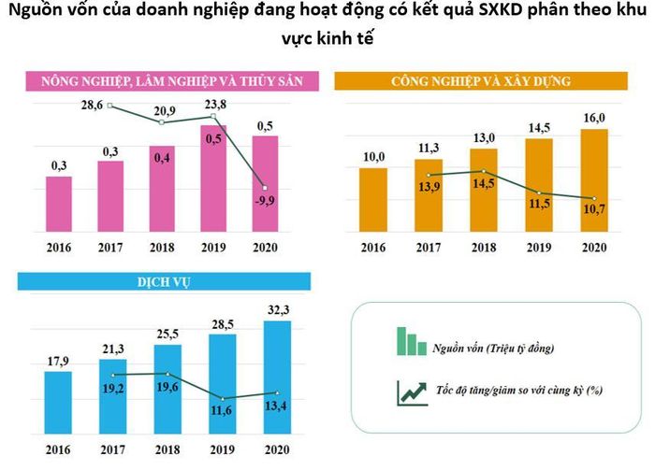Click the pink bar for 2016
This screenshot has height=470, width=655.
click(58, 204)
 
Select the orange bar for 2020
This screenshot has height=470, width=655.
click(594, 180)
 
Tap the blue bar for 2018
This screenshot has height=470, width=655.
click(167, 389)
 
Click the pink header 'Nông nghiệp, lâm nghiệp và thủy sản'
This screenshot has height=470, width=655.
click(172, 81)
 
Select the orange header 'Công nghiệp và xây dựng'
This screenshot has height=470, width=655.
click(481, 81)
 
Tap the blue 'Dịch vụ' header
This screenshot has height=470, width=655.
click(164, 282)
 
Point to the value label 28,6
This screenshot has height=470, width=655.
click(92, 105)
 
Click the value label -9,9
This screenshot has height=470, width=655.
click(265, 201)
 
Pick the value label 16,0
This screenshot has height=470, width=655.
click(594, 118)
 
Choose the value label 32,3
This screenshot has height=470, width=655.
click(278, 310)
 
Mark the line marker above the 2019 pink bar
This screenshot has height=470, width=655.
click(213, 116)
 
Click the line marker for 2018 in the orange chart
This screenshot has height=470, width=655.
click(484, 171)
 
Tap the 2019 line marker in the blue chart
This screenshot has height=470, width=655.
click(223, 399)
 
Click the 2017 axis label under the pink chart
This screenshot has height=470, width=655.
click(110, 248)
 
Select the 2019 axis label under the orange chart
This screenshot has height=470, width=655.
click(539, 248)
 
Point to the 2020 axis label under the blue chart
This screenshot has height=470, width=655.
click(277, 450)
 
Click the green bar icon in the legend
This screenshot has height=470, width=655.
click(412, 341)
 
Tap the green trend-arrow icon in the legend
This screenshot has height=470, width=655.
click(412, 392)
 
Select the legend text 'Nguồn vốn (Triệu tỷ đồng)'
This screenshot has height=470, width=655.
click(493, 348)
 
